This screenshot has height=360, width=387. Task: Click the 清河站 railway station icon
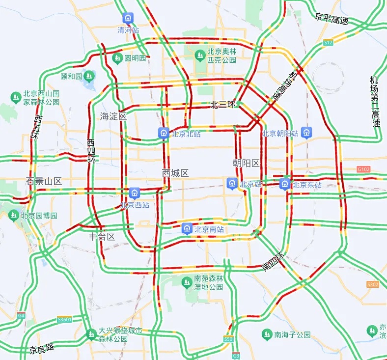tap(128, 18)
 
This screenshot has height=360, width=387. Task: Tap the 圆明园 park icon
tap(117, 58)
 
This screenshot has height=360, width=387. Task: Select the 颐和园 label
tap(71, 76)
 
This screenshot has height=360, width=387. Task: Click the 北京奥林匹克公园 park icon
tap(200, 55)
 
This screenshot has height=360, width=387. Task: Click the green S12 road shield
tap(329, 43)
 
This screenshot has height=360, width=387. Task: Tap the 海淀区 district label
tap(113, 116)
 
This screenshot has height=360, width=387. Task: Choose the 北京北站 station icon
tap(164, 133)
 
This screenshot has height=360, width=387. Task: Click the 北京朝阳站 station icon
tap(306, 133)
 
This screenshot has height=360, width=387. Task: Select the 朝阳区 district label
tap(246, 163)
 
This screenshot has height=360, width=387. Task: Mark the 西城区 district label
tap(175, 173)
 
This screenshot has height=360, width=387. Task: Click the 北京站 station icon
tap(232, 184)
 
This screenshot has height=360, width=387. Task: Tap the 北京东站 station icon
tap(284, 184)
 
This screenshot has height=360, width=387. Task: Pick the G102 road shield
tap(363, 169)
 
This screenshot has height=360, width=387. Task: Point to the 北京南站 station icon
tap(187, 228)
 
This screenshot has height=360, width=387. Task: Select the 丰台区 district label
tap(102, 237)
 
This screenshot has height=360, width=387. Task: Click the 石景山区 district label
tap(44, 181)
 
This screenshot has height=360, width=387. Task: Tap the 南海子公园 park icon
tap(267, 334)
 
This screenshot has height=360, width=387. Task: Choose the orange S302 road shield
tap(373, 284)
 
